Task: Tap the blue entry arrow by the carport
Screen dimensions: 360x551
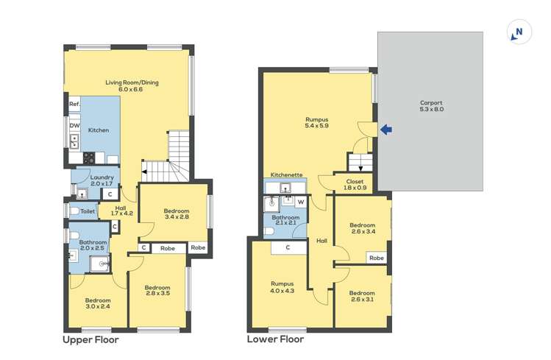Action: [385, 130]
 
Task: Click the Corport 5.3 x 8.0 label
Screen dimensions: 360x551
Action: [431, 106]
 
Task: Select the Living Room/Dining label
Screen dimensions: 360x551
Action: [132, 85]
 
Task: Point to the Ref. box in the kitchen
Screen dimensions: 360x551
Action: [74, 105]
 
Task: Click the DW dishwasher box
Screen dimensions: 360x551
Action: [74, 126]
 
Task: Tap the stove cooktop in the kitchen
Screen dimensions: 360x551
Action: [90, 157]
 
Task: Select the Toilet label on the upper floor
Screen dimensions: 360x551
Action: [88, 211]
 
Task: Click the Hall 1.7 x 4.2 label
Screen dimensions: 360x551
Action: [122, 211]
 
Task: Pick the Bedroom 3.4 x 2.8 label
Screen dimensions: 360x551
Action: [176, 214]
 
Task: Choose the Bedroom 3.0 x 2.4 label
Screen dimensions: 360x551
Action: [98, 303]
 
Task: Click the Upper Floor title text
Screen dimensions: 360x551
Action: [90, 340]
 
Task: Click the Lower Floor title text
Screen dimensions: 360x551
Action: [275, 340]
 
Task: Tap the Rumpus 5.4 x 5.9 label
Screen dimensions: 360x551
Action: [316, 123]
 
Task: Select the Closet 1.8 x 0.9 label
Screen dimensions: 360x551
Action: [355, 184]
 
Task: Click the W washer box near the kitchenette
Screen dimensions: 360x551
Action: [300, 201]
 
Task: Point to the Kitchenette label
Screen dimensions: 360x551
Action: [286, 174]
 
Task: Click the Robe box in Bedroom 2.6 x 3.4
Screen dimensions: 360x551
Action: [377, 258]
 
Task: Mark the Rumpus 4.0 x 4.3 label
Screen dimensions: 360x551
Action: [282, 287]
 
